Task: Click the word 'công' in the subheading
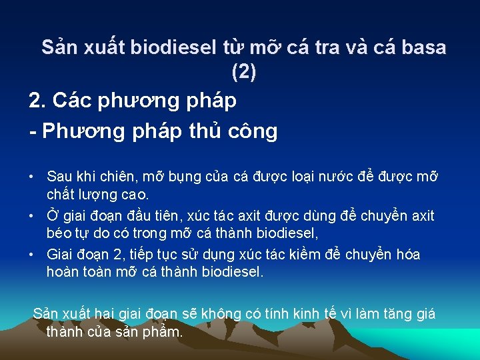253,131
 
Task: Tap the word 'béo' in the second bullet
59,234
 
